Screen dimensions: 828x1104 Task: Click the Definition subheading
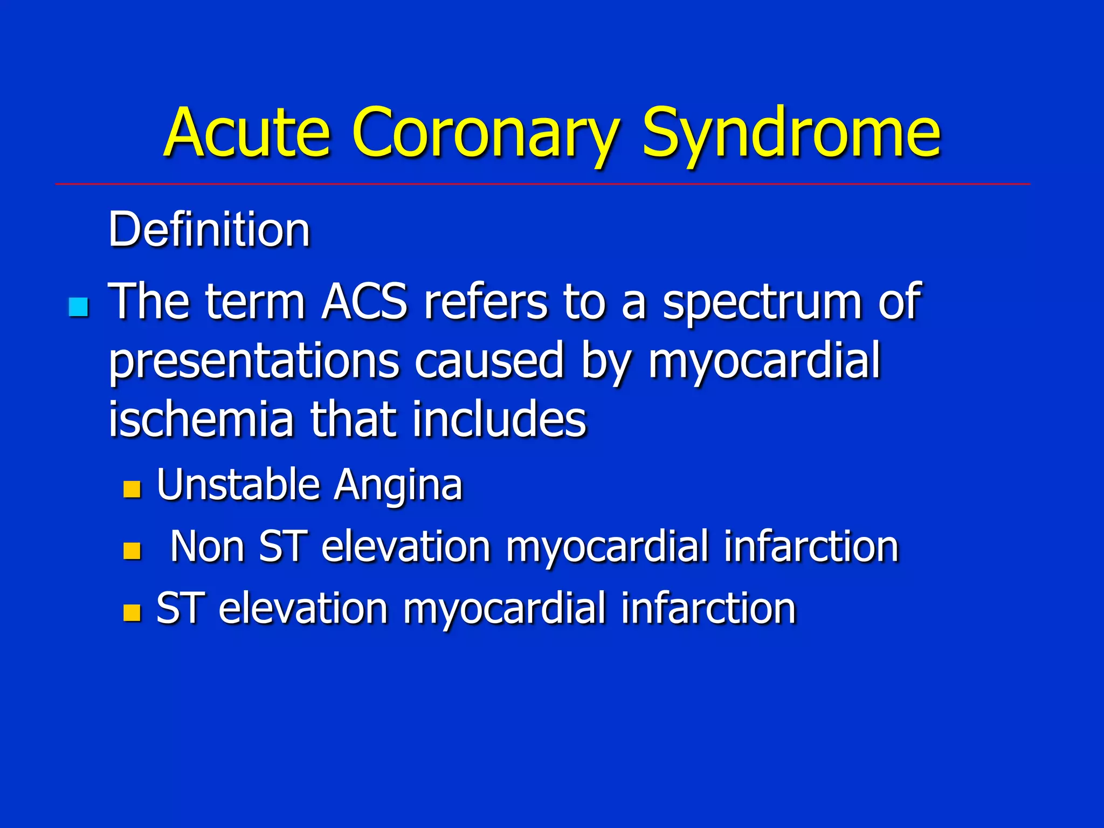pyautogui.click(x=209, y=230)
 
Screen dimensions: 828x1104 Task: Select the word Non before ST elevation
pyautogui.click(x=207, y=547)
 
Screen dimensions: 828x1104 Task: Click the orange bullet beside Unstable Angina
pyautogui.click(x=132, y=489)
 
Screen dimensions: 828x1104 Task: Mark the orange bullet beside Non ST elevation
pyautogui.click(x=132, y=551)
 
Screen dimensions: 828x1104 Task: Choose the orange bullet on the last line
pyautogui.click(x=132, y=613)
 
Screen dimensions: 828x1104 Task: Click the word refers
pyautogui.click(x=485, y=302)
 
